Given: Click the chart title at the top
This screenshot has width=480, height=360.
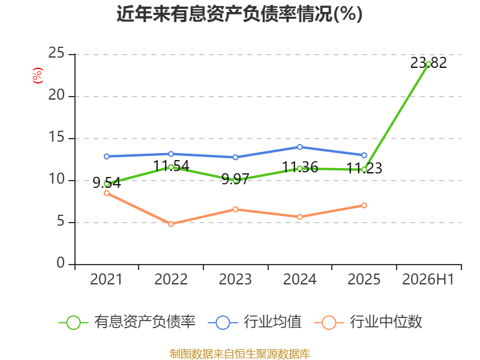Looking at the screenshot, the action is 239,14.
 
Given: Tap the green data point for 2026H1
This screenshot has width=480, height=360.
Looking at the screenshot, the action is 428,64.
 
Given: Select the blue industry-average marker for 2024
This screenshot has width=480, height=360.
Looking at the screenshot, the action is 299,147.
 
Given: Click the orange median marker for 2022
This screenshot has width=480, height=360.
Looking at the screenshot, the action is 171,224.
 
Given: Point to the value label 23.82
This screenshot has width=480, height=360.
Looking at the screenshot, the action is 428,63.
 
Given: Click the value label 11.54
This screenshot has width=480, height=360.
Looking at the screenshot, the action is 171,166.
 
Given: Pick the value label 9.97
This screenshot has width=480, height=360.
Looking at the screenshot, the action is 235,179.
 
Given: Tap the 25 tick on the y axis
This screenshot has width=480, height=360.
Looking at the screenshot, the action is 56,53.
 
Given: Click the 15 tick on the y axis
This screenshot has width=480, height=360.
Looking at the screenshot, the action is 56,137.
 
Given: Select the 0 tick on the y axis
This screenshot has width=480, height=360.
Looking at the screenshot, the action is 61,263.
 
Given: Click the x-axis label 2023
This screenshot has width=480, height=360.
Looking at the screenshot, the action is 235,279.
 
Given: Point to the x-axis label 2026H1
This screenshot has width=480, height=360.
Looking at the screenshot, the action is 428,279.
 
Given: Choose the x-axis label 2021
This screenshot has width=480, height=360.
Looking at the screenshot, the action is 106,279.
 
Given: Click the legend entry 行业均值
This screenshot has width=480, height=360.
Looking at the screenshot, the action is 254,322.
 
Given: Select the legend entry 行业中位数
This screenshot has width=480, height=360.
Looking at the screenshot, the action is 368,322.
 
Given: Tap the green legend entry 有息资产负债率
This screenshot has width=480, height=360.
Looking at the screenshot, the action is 127,322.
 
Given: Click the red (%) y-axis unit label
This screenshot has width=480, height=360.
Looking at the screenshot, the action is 38,76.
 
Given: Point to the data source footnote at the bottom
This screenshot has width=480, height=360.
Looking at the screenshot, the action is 239,354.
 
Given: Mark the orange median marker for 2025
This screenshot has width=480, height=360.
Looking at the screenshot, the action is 364,205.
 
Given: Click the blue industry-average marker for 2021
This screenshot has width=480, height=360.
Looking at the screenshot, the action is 107,157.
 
